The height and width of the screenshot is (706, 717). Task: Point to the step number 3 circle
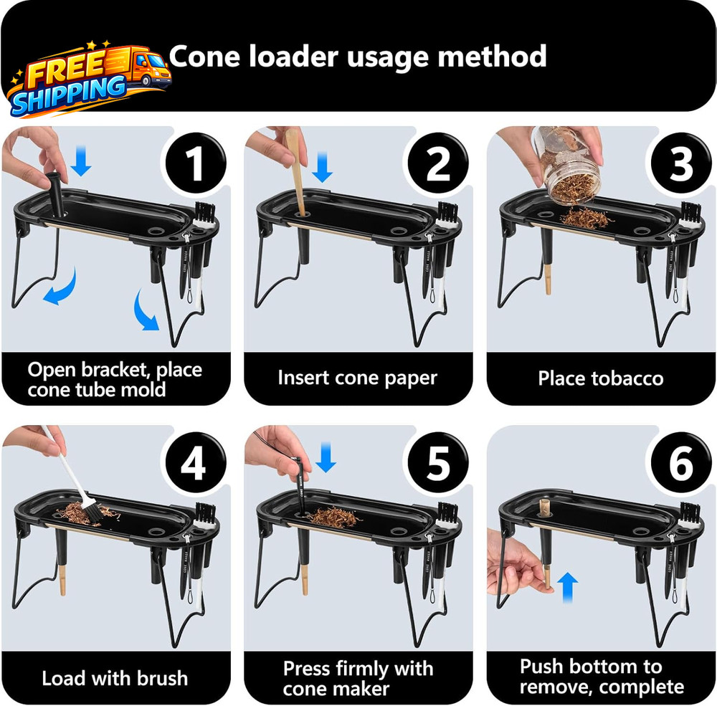tap(680, 163)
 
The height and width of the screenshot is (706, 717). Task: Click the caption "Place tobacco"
tap(601, 378)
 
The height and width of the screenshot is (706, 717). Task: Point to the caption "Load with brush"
tap(115, 678)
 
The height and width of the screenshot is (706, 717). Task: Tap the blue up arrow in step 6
tap(568, 583)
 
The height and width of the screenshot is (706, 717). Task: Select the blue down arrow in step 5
tap(326, 458)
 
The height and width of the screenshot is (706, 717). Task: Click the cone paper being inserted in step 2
tap(297, 172)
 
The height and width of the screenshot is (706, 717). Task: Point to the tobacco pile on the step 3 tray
tap(584, 216)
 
